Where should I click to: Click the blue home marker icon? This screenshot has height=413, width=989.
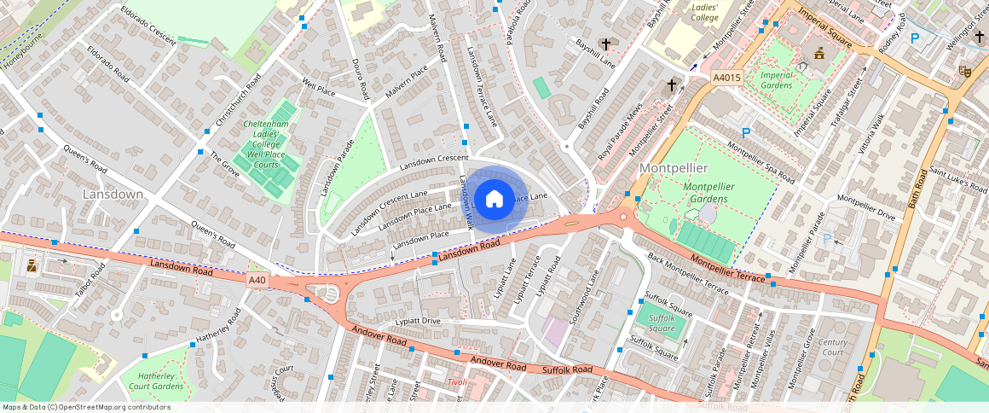pyautogui.click(x=494, y=200)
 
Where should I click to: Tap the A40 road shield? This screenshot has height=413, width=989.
pyautogui.click(x=257, y=279)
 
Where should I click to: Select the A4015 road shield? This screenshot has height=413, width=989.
pyautogui.click(x=726, y=78)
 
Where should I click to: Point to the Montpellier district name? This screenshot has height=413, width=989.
pyautogui.click(x=674, y=168)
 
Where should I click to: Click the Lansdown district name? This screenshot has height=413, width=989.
pyautogui.click(x=113, y=195)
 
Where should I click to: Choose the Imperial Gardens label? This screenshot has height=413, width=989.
pyautogui.click(x=776, y=80)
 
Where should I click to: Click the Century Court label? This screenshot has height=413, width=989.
pyautogui.click(x=831, y=346)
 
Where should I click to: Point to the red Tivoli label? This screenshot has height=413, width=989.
pyautogui.click(x=458, y=381)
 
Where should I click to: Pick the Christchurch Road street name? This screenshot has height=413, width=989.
pyautogui.click(x=239, y=100)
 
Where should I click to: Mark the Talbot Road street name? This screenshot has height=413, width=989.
pyautogui.click(x=90, y=280)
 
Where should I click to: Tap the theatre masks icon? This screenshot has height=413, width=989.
pyautogui.click(x=967, y=71)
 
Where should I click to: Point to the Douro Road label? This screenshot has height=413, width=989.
pyautogui.click(x=360, y=77)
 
